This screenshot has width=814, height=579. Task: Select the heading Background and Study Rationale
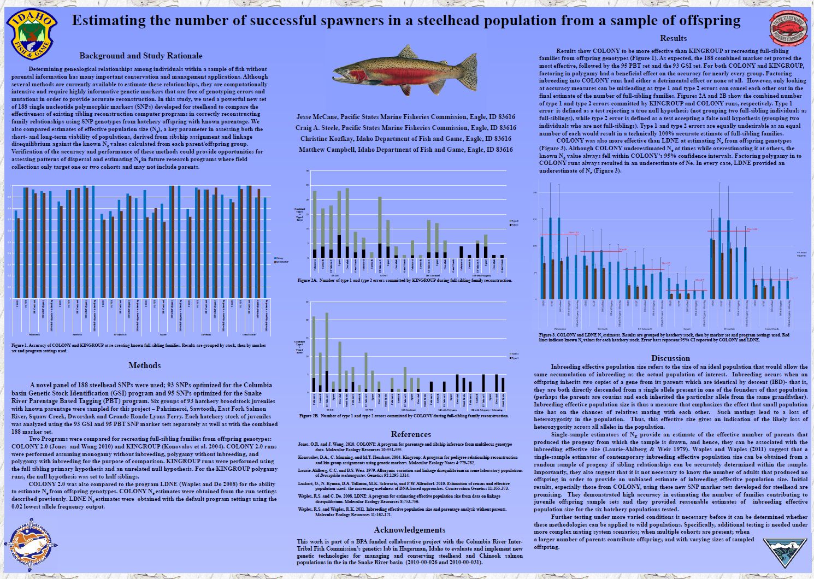click(x=140, y=56)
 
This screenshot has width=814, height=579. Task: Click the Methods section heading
click(x=144, y=365)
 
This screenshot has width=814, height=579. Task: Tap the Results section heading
click(x=673, y=38)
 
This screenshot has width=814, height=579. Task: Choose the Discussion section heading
click(x=670, y=358)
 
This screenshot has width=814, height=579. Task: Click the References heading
click(x=411, y=434)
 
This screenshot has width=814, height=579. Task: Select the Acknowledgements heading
click(x=409, y=530)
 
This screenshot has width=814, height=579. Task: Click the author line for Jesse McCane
click(x=405, y=117)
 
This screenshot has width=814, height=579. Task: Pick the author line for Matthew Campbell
click(x=406, y=149)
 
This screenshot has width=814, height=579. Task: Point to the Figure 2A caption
click(x=405, y=280)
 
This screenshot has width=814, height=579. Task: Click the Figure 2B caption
click(x=404, y=416)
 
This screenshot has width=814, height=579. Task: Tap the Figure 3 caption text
click(x=663, y=338)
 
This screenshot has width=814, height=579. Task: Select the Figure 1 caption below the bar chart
click(x=139, y=348)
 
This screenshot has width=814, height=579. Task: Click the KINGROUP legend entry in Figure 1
click(x=281, y=263)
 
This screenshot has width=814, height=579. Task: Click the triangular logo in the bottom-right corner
click(x=784, y=553)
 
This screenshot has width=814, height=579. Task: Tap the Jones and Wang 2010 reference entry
click(x=405, y=447)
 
